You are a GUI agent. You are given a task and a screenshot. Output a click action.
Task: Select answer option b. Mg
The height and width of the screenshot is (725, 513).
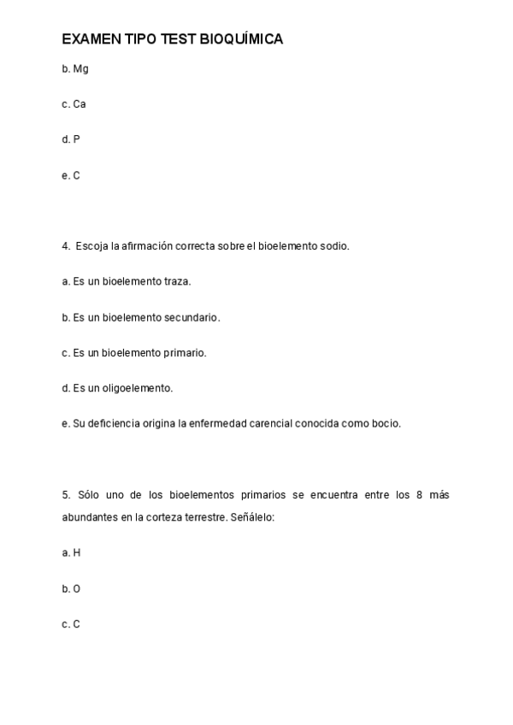click(x=75, y=68)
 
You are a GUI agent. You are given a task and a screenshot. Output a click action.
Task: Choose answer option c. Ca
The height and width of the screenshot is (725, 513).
click(x=74, y=104)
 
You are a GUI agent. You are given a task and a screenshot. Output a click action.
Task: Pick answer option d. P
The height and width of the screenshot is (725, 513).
click(x=71, y=139)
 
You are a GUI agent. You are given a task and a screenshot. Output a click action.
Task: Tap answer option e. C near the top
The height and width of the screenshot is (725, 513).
click(x=71, y=175)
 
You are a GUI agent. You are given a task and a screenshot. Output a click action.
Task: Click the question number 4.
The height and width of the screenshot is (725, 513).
click(x=66, y=246)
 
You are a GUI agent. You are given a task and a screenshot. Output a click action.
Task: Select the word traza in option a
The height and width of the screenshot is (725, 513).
click(x=178, y=281)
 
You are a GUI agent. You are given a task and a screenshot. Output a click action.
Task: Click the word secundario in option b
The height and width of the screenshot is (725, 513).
click(x=192, y=317)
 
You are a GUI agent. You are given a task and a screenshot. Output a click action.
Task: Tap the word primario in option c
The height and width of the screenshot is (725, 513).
click(x=185, y=352)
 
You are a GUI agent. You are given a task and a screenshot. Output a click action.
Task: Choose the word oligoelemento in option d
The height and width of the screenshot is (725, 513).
click(x=138, y=388)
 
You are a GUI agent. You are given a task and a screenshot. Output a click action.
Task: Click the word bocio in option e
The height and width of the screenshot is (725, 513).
click(x=386, y=423)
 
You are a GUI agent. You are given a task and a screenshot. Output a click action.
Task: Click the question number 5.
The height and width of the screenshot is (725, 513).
click(x=66, y=494)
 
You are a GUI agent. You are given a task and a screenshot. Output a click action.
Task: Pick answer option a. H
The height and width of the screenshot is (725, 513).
click(x=71, y=553)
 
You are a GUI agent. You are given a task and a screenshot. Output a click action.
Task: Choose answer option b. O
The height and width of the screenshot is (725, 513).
click(x=71, y=589)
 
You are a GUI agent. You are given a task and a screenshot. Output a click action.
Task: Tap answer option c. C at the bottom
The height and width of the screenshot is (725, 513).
click(x=71, y=624)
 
